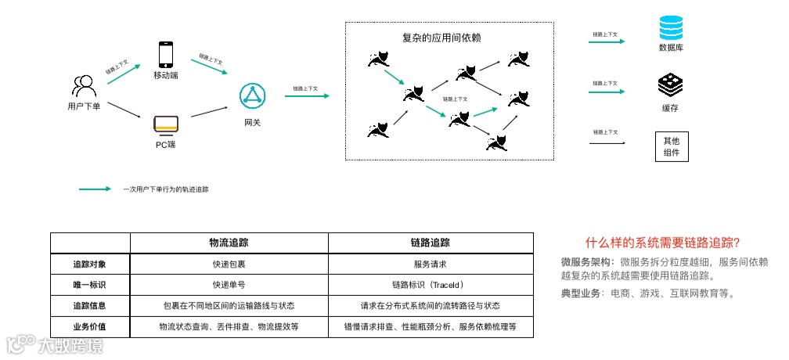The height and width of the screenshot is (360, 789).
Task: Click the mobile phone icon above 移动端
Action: coord(165,54)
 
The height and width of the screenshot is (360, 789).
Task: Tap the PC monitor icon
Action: coord(165,124)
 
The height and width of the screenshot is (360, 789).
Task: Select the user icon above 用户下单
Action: coord(84,85)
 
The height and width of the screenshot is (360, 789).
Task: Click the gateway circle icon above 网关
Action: coord(253,97)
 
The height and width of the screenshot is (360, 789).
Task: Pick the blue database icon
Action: coord(671,29)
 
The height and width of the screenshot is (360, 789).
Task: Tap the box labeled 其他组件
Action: coord(671,146)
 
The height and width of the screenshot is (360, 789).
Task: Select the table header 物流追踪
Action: coord(229,243)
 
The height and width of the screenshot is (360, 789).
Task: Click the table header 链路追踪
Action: coord(430,243)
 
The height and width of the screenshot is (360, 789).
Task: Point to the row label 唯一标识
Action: coord(89,285)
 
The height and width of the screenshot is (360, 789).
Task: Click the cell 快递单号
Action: coord(229,285)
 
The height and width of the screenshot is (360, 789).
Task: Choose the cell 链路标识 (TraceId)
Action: coord(430,285)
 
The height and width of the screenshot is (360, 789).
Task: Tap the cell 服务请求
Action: coord(430,264)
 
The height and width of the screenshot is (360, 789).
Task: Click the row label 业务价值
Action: coord(89,326)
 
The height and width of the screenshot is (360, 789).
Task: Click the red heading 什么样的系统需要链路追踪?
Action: coord(663,243)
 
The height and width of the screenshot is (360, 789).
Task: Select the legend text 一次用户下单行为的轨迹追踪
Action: coord(166,189)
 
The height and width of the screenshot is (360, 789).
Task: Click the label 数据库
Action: coord(671,48)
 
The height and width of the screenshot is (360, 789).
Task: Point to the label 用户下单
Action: coord(84,106)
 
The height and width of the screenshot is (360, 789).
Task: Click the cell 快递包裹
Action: coord(229,264)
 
